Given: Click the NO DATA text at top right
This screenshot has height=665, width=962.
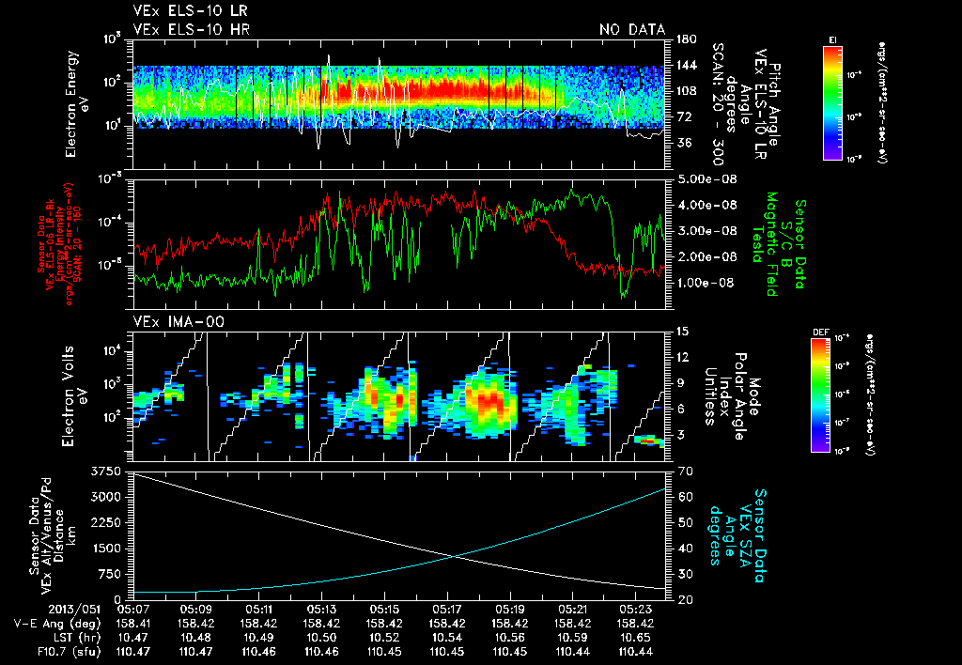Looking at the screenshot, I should click(632, 29).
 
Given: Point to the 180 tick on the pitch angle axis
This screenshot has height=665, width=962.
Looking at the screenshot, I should click(683, 39).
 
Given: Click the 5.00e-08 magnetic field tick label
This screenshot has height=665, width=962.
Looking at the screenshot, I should click(704, 178).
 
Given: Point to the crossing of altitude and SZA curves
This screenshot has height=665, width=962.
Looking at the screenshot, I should click(457, 556).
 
